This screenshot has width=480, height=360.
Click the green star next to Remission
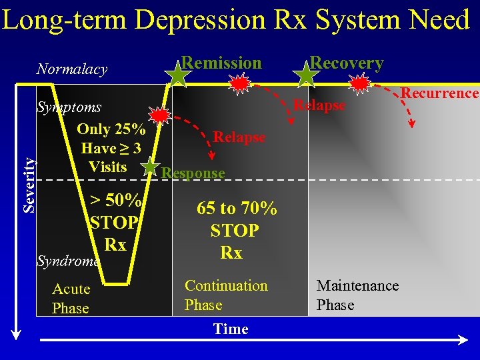tap(177, 75)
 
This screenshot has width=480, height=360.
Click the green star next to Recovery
tap(306, 75)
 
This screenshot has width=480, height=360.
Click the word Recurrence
tap(439, 93)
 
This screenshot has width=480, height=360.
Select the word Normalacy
tap(72, 69)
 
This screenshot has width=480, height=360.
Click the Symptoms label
tap(69, 107)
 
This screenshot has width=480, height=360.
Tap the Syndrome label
tap(68, 261)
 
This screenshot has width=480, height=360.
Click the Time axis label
tap(231, 329)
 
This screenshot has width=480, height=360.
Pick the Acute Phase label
tap(71, 298)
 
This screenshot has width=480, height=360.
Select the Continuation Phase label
tap(226, 295)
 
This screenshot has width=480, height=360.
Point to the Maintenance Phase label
tap(357, 295)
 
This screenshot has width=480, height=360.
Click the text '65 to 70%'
tap(237, 208)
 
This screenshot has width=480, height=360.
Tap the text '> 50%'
tap(115, 200)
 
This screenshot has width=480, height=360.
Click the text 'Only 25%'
tap(111, 129)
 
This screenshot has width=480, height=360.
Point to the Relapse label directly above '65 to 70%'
tap(239, 137)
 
